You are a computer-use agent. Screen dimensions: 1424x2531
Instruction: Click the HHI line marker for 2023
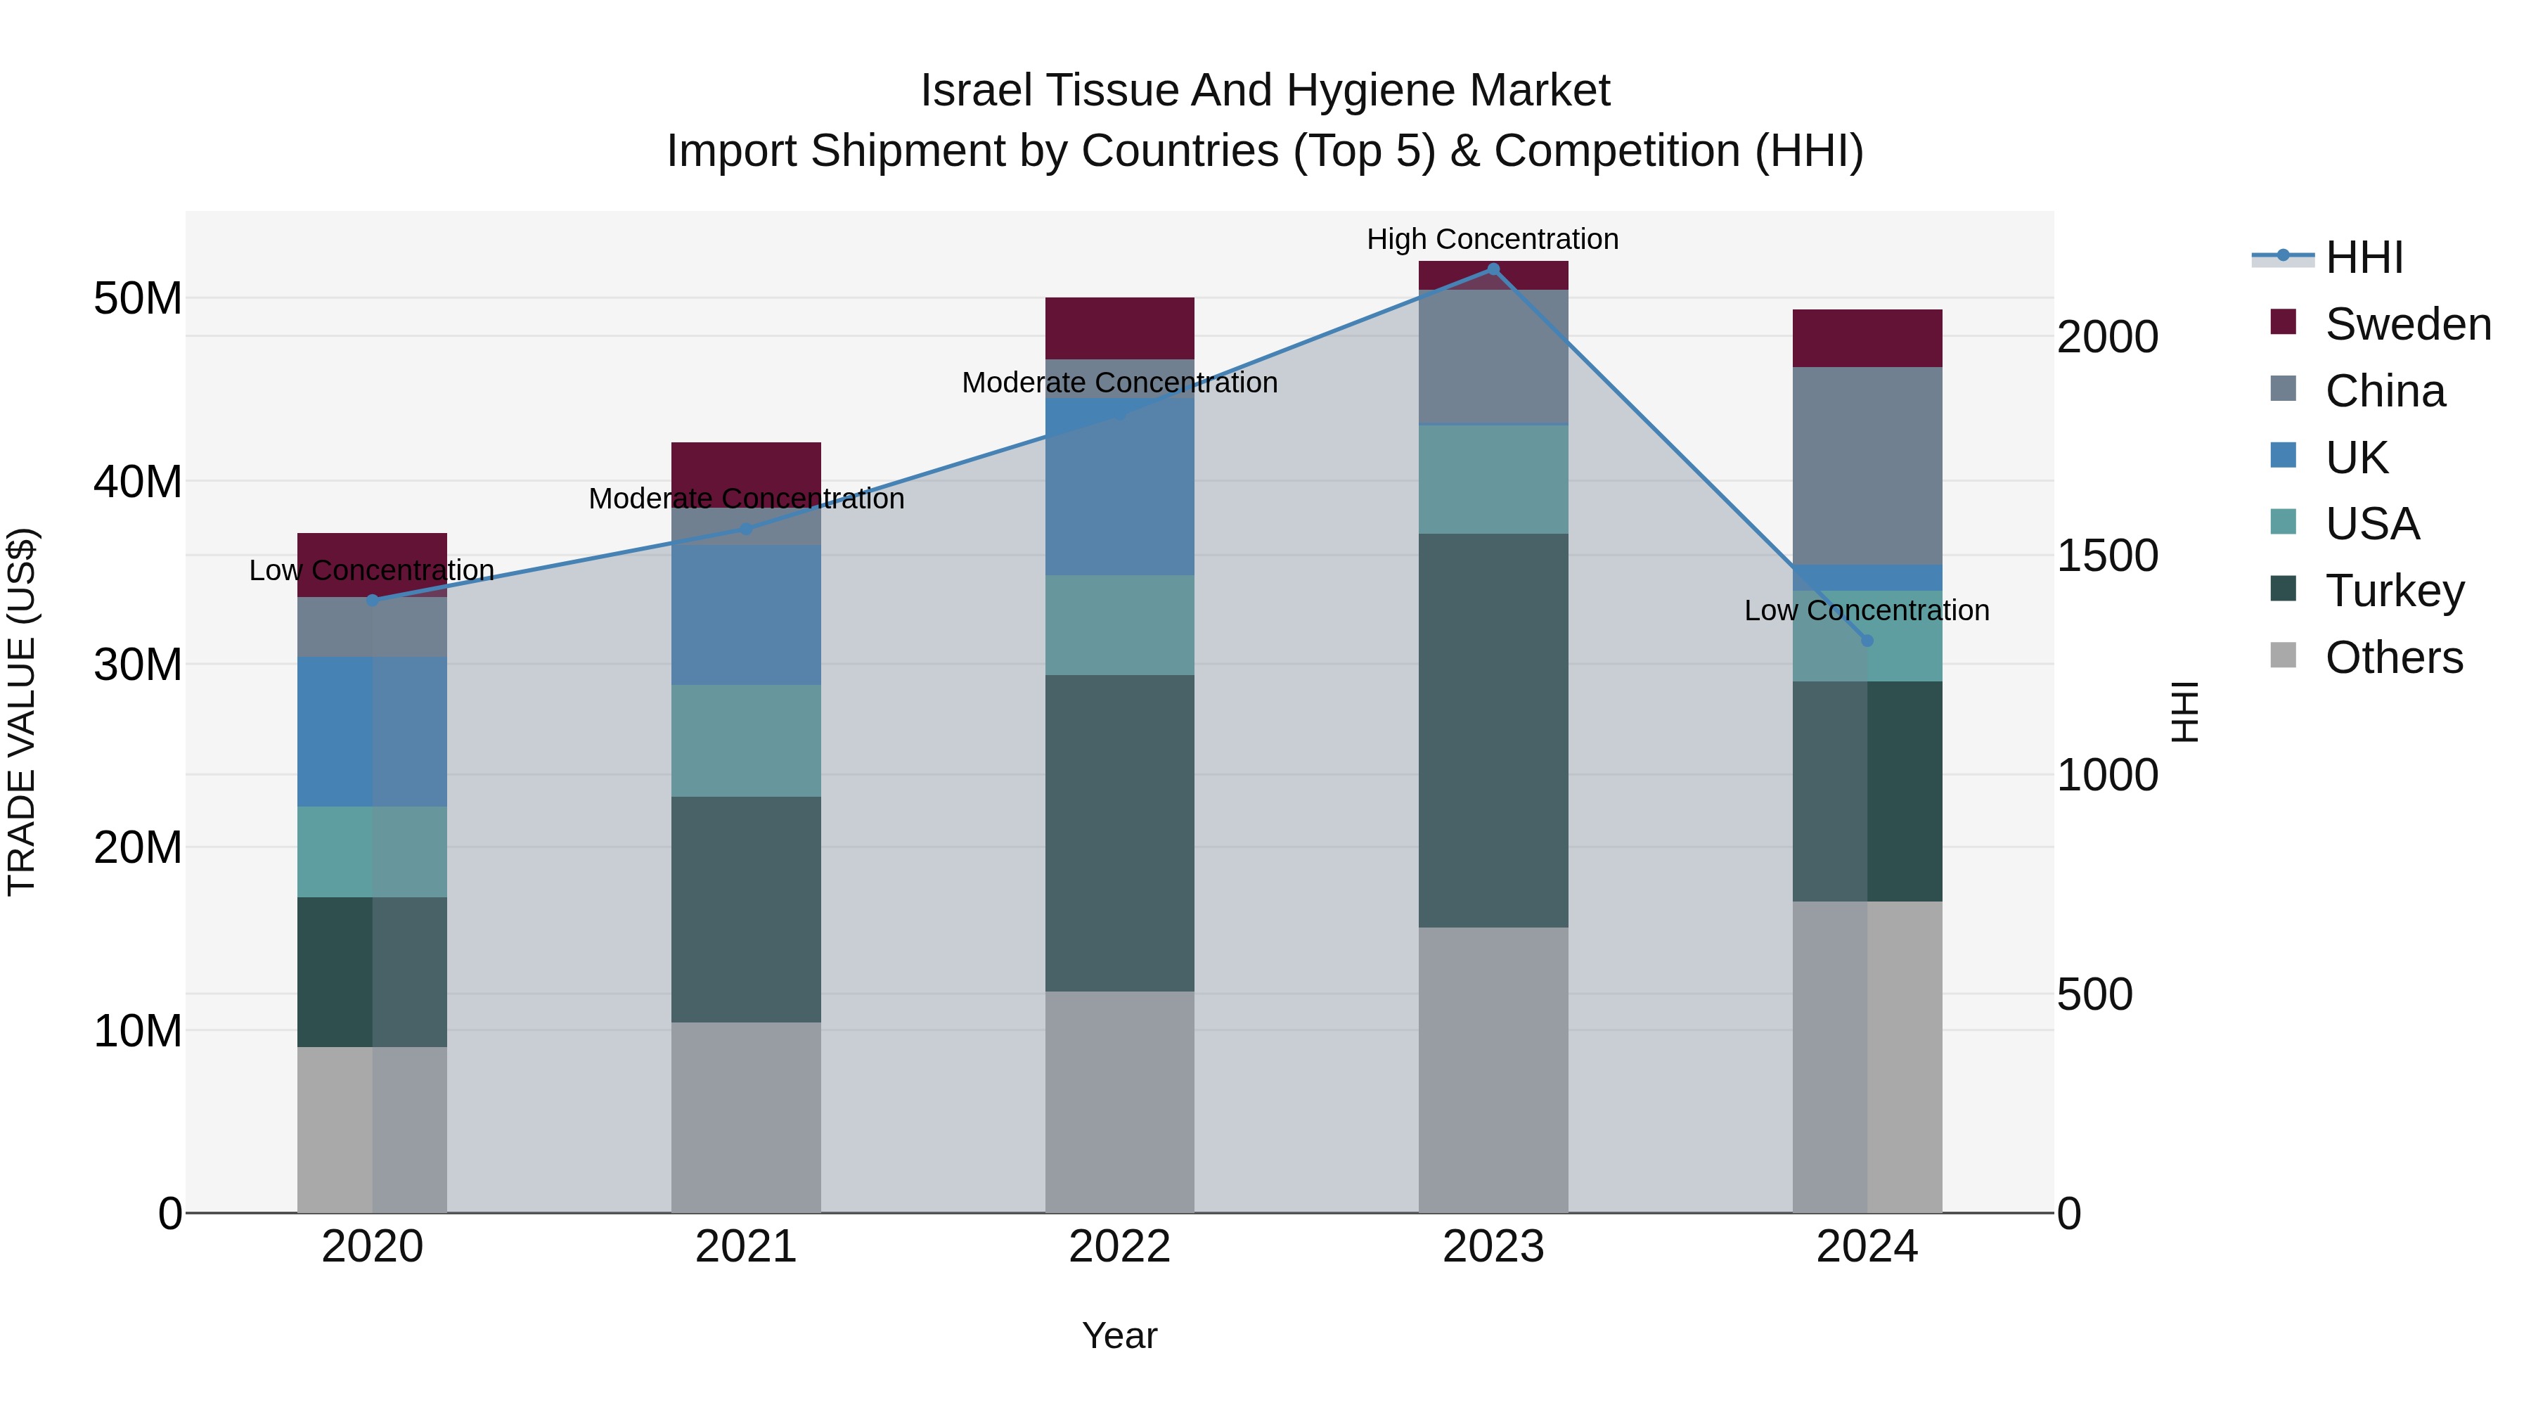point(1493,269)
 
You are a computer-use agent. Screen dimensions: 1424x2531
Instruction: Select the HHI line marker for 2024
point(1867,641)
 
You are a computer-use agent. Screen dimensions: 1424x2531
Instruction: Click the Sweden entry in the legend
point(2407,324)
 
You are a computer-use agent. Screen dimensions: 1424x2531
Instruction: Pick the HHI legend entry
point(2363,257)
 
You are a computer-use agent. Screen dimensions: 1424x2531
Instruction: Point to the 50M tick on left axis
point(138,297)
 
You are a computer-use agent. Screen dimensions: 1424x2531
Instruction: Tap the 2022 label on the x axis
point(1119,1246)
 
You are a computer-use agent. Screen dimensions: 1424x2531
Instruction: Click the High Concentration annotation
point(1493,239)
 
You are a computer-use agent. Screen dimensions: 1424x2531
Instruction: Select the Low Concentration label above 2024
point(1867,610)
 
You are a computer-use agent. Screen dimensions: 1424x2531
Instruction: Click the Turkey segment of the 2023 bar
point(1493,729)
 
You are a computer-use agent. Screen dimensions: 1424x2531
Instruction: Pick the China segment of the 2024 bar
point(1867,465)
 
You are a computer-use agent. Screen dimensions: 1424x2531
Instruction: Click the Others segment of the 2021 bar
point(746,1117)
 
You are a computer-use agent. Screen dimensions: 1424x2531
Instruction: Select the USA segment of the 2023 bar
point(1493,479)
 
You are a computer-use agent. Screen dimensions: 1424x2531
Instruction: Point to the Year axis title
point(1119,1335)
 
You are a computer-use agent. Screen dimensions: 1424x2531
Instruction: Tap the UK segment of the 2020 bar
point(373,731)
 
